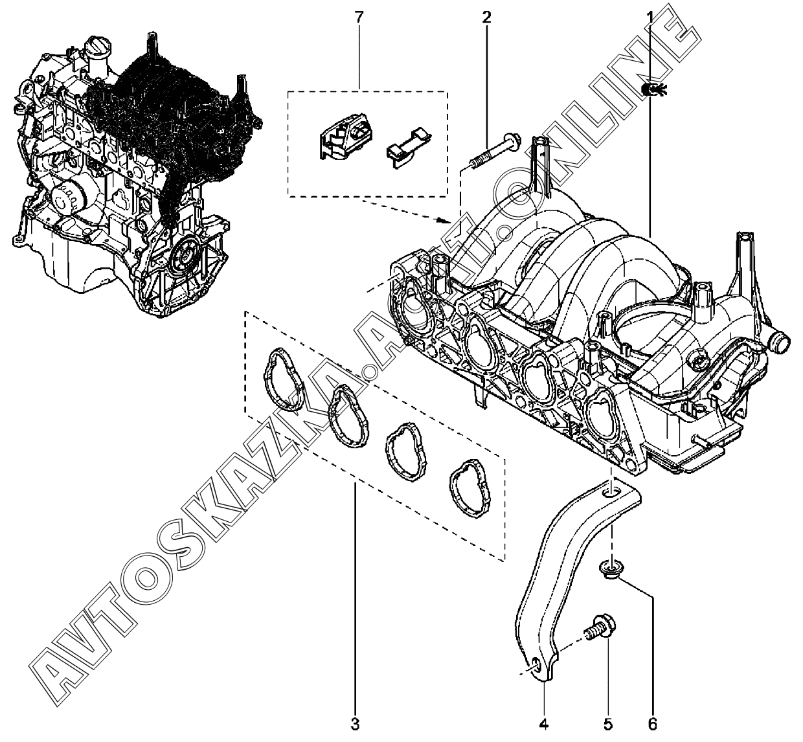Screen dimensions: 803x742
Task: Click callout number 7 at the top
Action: pos(358,17)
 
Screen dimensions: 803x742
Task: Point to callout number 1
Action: pos(650,17)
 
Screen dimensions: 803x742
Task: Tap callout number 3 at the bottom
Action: pos(355,725)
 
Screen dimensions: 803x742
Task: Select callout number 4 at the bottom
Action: pos(544,725)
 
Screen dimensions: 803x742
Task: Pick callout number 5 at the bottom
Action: pos(608,725)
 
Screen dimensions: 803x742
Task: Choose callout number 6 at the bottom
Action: pos(652,725)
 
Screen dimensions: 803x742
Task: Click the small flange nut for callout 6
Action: pos(611,570)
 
